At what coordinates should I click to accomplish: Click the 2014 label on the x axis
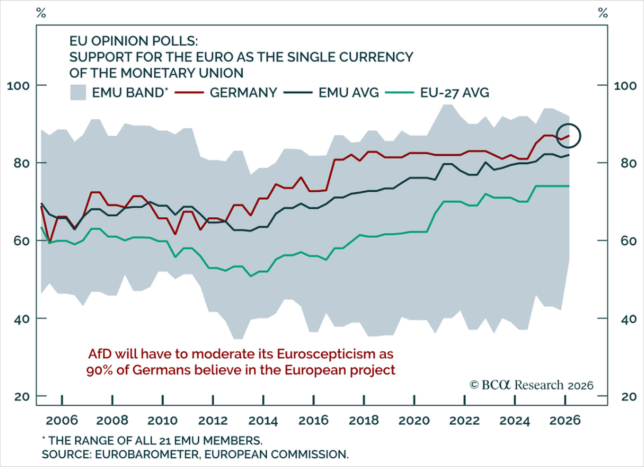263,421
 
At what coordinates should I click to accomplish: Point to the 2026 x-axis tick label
565,421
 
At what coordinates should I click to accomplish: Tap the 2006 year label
62,421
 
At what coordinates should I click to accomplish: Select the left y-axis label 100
19,86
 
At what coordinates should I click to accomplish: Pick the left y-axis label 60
22,241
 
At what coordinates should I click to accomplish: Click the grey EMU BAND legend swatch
78,92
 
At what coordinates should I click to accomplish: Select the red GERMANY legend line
189,93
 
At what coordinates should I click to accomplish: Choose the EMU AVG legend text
349,93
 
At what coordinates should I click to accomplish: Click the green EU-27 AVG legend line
400,93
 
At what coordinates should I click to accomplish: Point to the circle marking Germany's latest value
568,124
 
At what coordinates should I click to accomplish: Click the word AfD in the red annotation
100,354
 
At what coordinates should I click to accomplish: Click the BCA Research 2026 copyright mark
531,385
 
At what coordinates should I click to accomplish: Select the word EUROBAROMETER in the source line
147,454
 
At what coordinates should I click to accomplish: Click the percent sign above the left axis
41,13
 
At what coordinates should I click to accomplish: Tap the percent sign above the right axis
603,13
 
